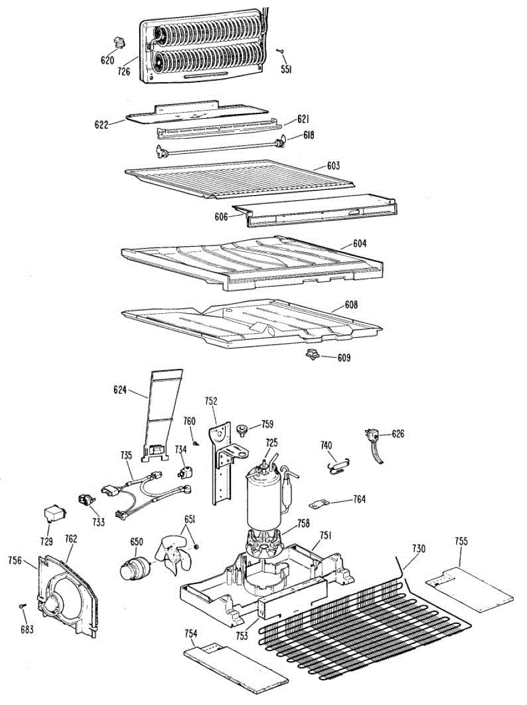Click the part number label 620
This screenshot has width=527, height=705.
point(108,60)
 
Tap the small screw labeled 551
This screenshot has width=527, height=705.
point(282,51)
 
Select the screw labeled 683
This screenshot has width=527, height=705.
point(23,606)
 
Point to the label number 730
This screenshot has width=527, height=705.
point(418,549)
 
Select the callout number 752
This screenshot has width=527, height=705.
point(211,402)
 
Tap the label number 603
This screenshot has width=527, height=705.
point(334,166)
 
